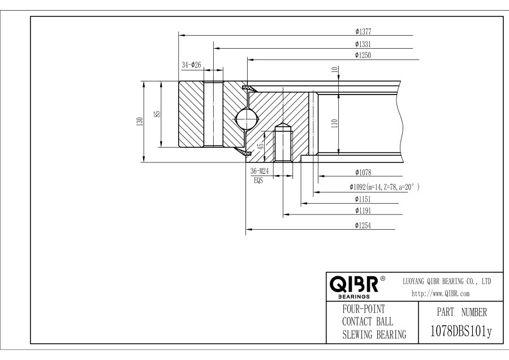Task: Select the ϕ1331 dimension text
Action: coord(363,43)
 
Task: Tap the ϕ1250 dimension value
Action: coord(363,55)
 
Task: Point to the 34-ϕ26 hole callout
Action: coord(192,65)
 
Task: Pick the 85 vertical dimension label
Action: coord(158,114)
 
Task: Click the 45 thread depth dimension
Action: coord(260,145)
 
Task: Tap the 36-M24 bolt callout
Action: coord(260,172)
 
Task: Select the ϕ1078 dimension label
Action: coord(363,172)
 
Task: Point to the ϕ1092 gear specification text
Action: coord(385,187)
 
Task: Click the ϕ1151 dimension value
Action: coord(363,199)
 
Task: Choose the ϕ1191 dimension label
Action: coord(363,211)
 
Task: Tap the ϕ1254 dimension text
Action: coord(363,225)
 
